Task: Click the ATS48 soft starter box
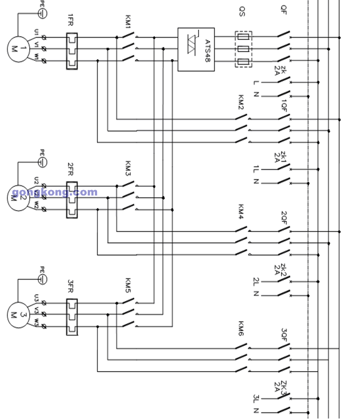coord(196,50)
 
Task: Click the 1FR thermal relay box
coord(72,51)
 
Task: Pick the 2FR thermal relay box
coord(72,199)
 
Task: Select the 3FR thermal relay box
coord(72,316)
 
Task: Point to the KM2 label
coord(241,102)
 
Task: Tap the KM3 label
coord(128,166)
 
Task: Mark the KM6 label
coord(241,329)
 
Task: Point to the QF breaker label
coord(284,9)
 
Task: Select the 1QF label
coord(284,104)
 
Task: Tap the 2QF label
coord(284,217)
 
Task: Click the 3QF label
coord(284,333)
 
